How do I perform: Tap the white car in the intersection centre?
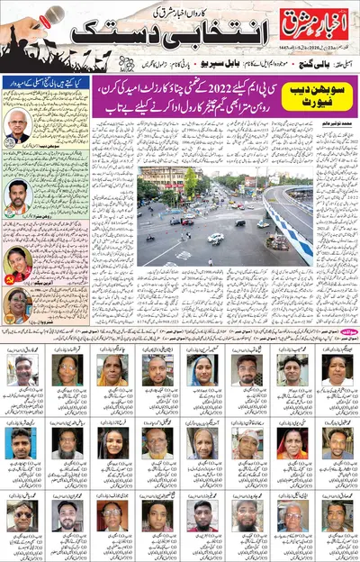(x=215, y=238)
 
